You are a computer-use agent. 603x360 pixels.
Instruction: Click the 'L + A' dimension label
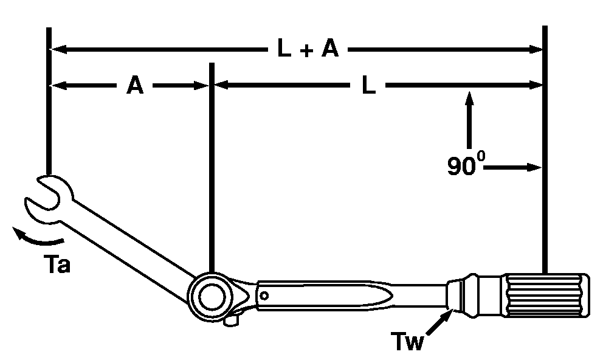point(308,49)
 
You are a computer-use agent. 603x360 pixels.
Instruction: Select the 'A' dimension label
point(135,86)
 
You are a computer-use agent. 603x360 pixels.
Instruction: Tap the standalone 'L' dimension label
point(368,86)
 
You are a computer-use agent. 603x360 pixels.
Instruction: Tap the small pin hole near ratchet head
point(264,296)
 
